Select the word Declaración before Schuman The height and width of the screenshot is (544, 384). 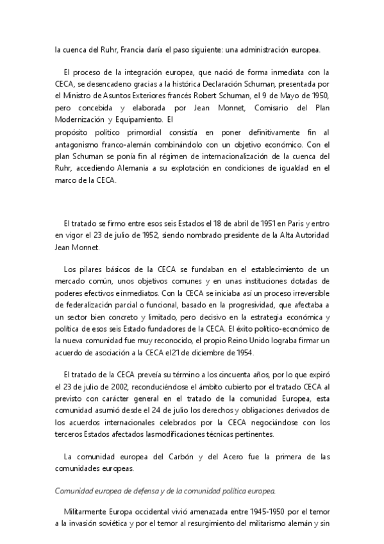[233, 84]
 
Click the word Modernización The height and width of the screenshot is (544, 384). [81, 119]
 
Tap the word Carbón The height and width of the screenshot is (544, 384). [179, 456]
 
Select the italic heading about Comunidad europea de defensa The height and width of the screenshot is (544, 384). [165, 491]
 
